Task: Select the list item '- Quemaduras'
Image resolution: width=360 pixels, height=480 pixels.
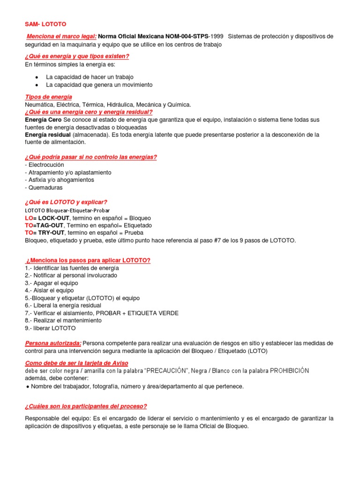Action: [44, 187]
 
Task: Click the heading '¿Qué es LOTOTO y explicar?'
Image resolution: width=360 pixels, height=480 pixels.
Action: [66, 202]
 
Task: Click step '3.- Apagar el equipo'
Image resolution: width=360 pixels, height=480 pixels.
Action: [52, 283]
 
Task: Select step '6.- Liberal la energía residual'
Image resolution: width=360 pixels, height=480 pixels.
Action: [63, 306]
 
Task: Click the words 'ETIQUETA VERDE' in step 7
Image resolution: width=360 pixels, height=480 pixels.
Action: [155, 313]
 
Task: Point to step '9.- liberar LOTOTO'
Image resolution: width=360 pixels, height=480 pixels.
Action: [50, 328]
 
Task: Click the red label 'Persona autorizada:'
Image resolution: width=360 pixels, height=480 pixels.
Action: [53, 343]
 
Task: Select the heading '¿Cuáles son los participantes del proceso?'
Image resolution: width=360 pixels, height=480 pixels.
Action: [86, 406]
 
